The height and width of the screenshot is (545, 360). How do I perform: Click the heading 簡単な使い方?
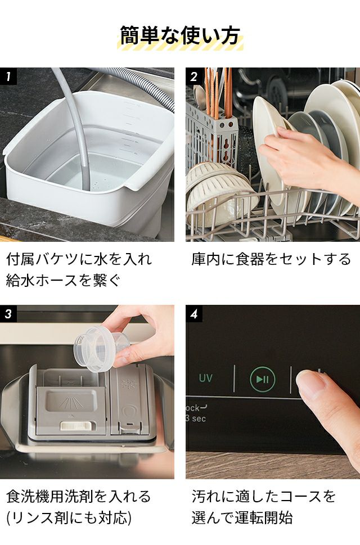coord(180,35)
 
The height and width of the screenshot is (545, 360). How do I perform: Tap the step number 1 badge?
coord(8,76)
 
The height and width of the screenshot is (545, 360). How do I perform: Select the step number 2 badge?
coord(193,76)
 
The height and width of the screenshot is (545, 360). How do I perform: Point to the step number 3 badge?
coord(8,313)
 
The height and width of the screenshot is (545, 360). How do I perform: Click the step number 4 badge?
coord(193,313)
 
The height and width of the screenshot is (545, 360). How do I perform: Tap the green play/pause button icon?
coord(262,379)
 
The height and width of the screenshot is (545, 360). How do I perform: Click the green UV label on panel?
coord(205,378)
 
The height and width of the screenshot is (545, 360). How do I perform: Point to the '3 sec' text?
coord(196,418)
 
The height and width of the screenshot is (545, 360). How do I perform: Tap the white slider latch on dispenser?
coord(78,425)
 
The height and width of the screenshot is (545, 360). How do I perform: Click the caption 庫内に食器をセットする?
coord(271,259)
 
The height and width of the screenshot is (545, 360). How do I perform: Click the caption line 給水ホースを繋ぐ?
coord(63,280)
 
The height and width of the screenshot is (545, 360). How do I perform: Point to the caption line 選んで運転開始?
coord(242,517)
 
